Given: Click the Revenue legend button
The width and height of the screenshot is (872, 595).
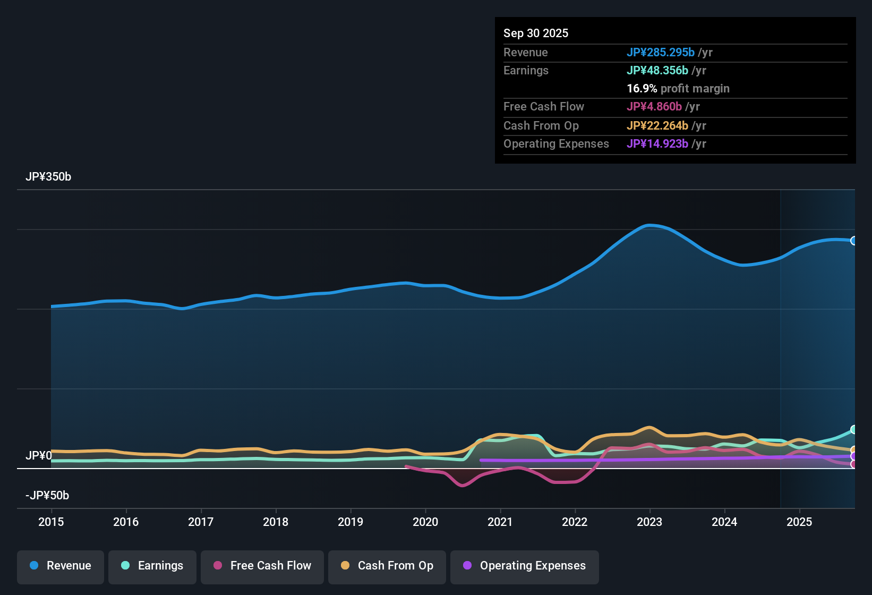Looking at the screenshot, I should click(61, 566).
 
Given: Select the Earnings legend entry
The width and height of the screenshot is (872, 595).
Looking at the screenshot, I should click(152, 566).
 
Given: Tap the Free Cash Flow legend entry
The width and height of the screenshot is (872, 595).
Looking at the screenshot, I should click(262, 566).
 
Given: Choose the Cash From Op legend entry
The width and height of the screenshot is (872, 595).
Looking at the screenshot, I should click(387, 566).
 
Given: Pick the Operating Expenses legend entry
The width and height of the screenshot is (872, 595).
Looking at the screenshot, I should click(525, 566).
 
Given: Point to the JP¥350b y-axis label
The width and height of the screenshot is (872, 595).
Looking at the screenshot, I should click(48, 177).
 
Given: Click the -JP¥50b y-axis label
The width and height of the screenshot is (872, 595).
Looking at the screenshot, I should click(47, 496).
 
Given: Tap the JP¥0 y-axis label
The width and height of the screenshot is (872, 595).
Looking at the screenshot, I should click(39, 456).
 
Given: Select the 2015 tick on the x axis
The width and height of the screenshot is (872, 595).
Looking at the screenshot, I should click(51, 522).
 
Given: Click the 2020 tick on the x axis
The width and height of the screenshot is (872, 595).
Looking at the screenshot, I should click(425, 522).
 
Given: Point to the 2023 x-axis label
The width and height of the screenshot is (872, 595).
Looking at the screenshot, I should click(649, 522).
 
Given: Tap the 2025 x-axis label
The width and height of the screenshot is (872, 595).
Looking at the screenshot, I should click(799, 522).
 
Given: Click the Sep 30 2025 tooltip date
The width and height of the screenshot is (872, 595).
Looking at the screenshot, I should click(536, 33).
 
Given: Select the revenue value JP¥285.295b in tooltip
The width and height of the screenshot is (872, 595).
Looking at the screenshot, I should click(661, 53).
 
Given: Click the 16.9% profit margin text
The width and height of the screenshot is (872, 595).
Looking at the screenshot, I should click(678, 89).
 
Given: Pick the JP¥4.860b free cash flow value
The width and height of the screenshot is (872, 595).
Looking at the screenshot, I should click(654, 107).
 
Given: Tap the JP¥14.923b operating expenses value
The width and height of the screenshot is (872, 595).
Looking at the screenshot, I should click(657, 144).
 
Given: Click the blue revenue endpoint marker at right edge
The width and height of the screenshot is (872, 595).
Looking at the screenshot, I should click(854, 241).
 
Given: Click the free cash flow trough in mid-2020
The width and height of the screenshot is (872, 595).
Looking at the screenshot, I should click(462, 485).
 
